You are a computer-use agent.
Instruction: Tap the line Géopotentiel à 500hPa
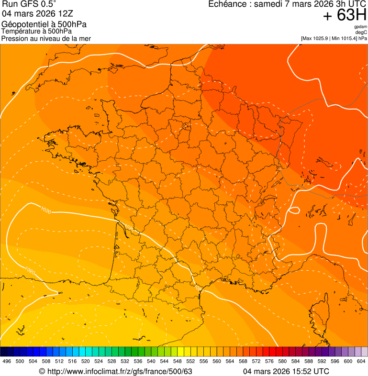[x=44, y=24]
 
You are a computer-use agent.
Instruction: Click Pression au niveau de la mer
[x=46, y=38]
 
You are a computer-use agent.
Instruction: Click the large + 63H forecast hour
[x=345, y=16]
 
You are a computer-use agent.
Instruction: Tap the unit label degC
[x=361, y=32]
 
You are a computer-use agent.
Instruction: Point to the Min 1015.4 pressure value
[x=345, y=38]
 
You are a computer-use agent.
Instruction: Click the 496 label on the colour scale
[x=7, y=361]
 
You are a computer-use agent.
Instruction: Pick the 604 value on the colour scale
[x=361, y=361]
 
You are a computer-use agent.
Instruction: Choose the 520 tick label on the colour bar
[x=85, y=361]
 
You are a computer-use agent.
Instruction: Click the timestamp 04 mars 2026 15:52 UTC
[x=286, y=371]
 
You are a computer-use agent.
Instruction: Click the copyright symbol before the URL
[x=42, y=371]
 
